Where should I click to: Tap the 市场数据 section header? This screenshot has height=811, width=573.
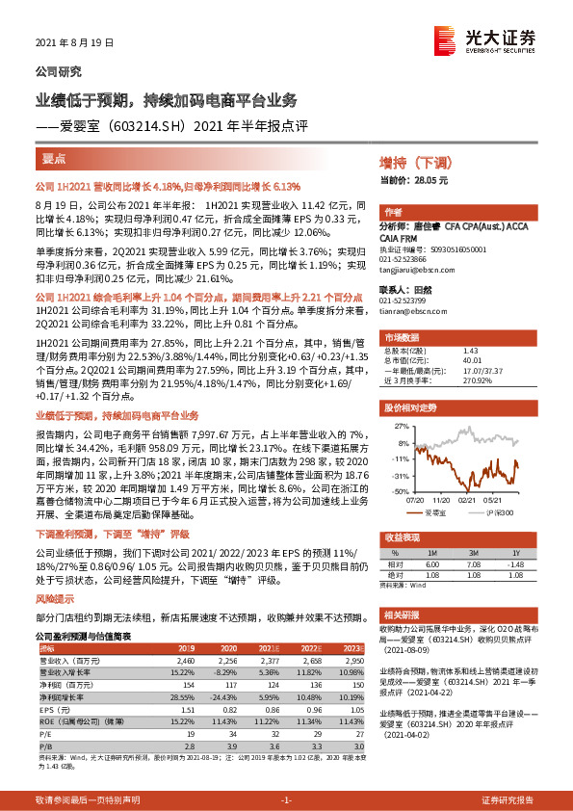[x=401, y=338]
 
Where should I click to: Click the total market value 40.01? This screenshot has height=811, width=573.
[x=473, y=360]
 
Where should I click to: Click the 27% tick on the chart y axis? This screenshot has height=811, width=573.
[x=401, y=425]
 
